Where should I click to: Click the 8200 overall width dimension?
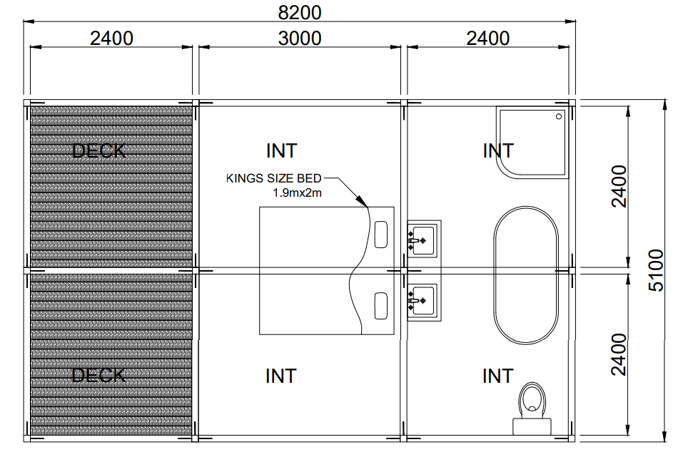tap(300, 12)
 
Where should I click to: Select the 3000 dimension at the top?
tap(300, 38)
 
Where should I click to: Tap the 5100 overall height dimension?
tap(656, 270)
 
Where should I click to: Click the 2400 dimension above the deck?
tap(111, 38)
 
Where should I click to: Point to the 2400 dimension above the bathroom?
tap(487, 38)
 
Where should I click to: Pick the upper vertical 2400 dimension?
tap(619, 186)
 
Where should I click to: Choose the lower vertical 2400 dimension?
tap(619, 354)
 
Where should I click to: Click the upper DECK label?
tap(98, 151)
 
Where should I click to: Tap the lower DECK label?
tap(98, 376)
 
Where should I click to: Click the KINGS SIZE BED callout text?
tap(274, 178)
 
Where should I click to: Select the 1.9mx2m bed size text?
tap(297, 193)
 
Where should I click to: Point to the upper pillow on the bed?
tap(381, 235)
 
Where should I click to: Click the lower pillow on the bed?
tap(381, 306)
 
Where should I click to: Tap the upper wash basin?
tap(421, 240)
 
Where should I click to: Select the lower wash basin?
tap(421, 302)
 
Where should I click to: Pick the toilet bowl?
tap(532, 400)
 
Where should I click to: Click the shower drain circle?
tap(559, 117)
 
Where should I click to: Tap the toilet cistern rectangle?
tap(532, 426)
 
